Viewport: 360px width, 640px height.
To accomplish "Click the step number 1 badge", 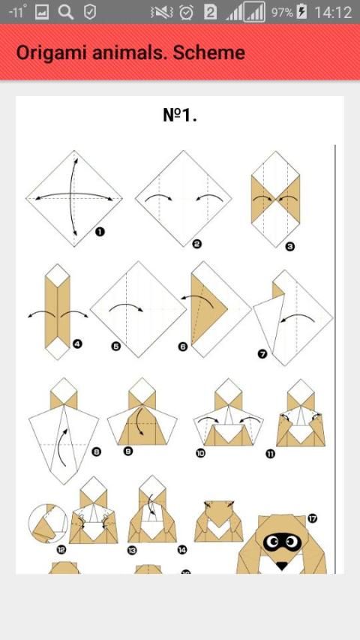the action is pyautogui.click(x=100, y=232).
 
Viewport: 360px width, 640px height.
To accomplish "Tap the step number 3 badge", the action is pyautogui.click(x=289, y=247).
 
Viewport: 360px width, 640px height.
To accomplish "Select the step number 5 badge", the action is pyautogui.click(x=116, y=347).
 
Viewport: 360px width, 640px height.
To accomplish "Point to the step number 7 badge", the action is pyautogui.click(x=262, y=354).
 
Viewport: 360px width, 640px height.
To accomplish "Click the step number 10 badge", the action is pyautogui.click(x=200, y=453).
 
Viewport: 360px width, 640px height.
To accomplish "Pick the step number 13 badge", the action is pyautogui.click(x=132, y=550).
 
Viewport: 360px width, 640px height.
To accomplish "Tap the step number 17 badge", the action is pyautogui.click(x=313, y=518).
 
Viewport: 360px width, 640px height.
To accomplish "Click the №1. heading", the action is pyautogui.click(x=179, y=115).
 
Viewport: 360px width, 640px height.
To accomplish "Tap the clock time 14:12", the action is pyautogui.click(x=333, y=12).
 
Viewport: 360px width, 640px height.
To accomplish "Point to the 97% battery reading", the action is pyautogui.click(x=282, y=12).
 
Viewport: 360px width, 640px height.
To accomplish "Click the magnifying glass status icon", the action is pyautogui.click(x=66, y=12).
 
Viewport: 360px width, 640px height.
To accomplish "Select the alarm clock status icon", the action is pyautogui.click(x=187, y=12).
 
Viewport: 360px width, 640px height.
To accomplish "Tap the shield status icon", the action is pyautogui.click(x=90, y=12).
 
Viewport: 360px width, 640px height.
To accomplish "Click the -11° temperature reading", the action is pyautogui.click(x=17, y=12).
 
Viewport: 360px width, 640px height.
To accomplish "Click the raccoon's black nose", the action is pyautogui.click(x=282, y=565).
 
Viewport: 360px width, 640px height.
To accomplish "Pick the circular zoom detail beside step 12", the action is pyautogui.click(x=48, y=523).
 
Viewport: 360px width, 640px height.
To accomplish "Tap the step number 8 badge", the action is pyautogui.click(x=97, y=452).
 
